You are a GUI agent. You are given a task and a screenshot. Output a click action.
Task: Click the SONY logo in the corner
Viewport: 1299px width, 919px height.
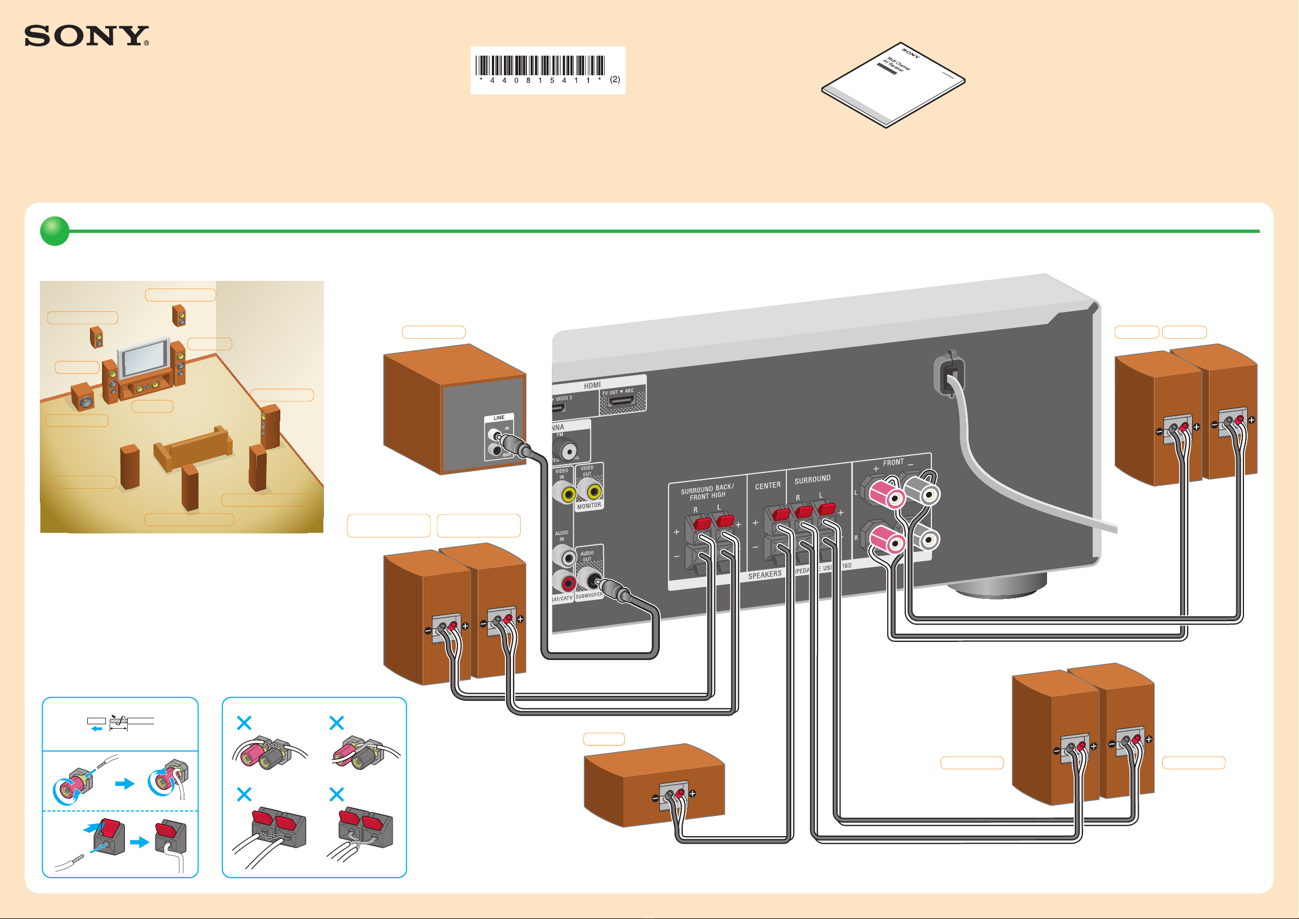(87, 35)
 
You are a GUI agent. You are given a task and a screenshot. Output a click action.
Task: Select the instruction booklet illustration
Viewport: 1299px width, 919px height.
(893, 85)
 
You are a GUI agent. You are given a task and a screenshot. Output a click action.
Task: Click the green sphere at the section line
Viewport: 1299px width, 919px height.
(55, 231)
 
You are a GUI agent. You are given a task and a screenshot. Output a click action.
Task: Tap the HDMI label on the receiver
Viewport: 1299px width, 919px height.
(592, 386)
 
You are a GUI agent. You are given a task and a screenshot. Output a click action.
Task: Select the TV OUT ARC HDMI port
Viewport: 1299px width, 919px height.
(621, 401)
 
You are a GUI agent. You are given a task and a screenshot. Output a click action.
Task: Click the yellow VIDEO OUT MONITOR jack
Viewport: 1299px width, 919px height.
(594, 491)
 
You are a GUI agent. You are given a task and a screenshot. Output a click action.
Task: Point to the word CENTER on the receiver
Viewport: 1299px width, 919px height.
(767, 485)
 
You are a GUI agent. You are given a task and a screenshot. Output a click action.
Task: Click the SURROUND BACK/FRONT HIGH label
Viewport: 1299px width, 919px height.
(707, 492)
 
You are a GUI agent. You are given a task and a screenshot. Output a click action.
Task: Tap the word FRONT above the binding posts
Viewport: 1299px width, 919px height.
(893, 462)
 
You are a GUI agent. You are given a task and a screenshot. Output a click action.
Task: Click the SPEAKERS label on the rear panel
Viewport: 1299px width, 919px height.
(765, 575)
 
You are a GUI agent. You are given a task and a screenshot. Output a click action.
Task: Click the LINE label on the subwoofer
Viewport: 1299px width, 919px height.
(498, 418)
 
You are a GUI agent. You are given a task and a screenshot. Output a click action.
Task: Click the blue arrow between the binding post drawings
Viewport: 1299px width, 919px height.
(124, 784)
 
